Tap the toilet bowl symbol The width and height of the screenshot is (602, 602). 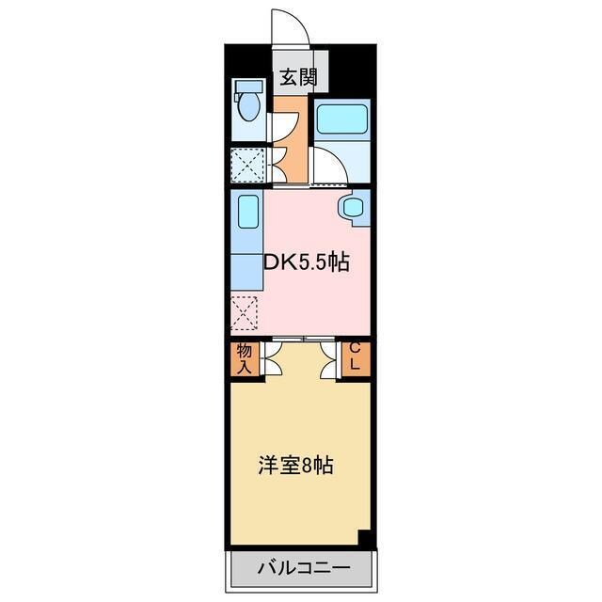249,107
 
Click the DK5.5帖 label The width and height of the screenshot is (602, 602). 307,262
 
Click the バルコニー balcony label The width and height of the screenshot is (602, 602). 303,568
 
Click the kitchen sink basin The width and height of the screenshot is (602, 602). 247,211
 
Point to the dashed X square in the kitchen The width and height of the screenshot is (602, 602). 245,314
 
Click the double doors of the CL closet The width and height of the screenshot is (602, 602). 329,360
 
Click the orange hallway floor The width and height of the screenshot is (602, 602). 292,150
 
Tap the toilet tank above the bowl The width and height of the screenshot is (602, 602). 247,87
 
